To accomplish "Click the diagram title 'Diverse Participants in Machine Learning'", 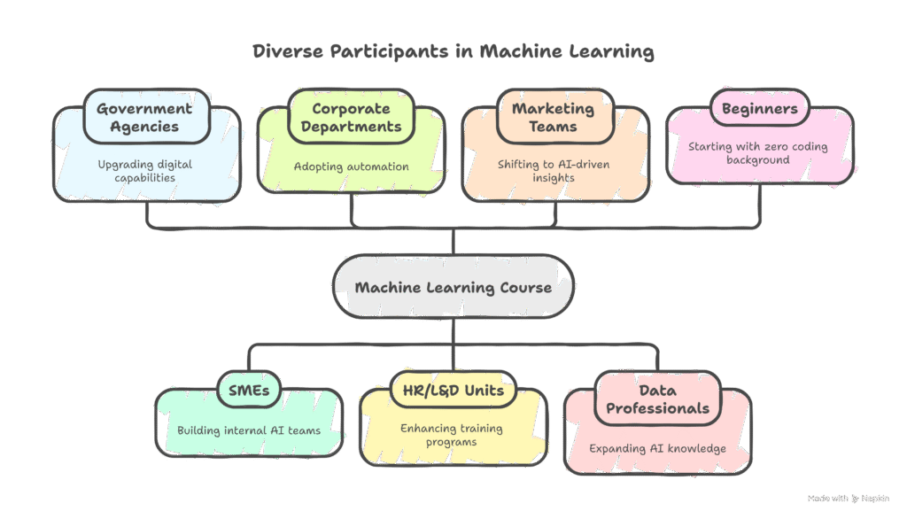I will [x=453, y=51].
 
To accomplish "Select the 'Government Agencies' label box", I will [x=143, y=117].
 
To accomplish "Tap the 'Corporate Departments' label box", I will [x=351, y=117].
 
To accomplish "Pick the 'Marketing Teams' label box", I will [x=554, y=117].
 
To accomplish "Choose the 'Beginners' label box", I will [x=759, y=109].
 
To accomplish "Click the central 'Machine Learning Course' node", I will [x=453, y=287].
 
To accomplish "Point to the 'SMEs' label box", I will [x=248, y=391].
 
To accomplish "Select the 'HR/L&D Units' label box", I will [x=453, y=391].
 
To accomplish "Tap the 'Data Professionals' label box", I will [x=657, y=399].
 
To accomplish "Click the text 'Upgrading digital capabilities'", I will [x=143, y=171].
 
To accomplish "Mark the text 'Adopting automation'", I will [x=351, y=167].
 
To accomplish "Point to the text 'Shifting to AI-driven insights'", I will [x=554, y=171].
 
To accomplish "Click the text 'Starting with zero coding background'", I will [x=758, y=153].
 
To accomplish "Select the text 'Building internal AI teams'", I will [x=248, y=430].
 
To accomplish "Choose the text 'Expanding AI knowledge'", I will [x=657, y=448].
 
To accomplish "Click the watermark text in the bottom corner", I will [x=848, y=499].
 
